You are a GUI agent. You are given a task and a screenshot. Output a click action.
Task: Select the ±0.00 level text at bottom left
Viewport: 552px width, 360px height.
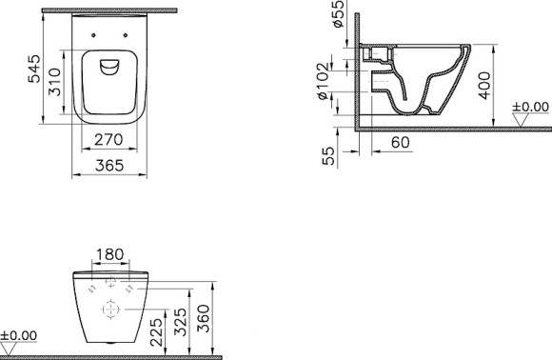pyautogui.click(x=19, y=335)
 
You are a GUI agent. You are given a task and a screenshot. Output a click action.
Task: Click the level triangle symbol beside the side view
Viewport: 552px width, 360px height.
pyautogui.click(x=522, y=120)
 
